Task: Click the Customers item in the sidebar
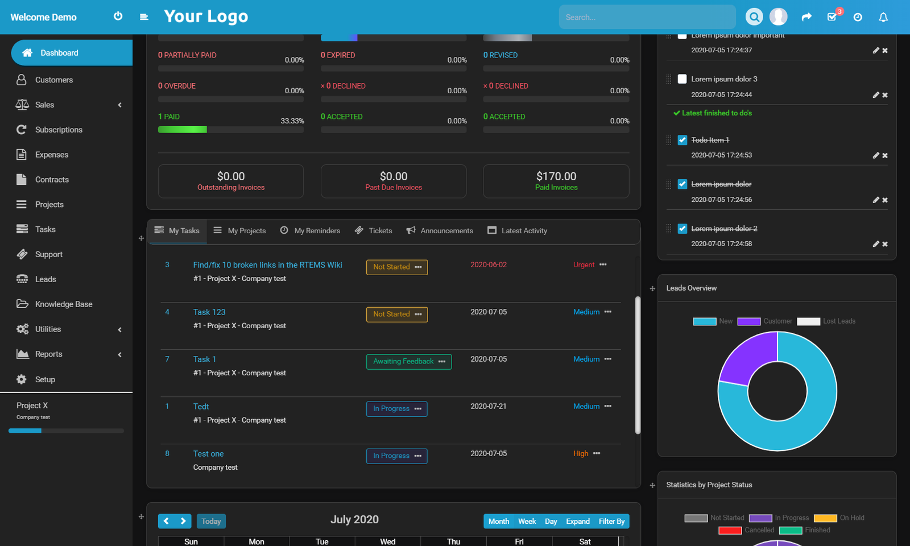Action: pos(53,80)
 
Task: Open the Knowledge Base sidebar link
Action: pos(63,304)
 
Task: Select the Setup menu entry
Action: pos(45,379)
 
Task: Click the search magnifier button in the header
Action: pos(754,17)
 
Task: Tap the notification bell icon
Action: pos(883,17)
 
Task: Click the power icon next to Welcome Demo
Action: pos(118,16)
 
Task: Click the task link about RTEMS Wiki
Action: pos(267,265)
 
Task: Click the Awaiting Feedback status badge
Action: pos(403,362)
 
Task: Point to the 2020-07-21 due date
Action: pos(488,407)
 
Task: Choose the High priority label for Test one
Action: pos(581,454)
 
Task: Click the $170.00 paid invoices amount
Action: pos(556,176)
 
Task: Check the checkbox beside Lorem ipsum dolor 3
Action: pos(682,79)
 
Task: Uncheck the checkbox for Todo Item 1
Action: pos(682,140)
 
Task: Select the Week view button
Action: pos(527,522)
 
